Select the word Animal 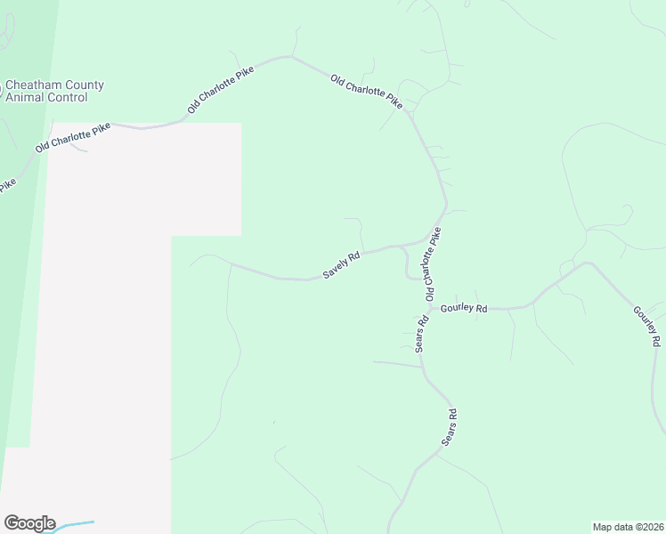25,98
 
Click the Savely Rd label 341,265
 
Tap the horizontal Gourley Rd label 465,308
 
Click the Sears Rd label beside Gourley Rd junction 423,332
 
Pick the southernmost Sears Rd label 451,427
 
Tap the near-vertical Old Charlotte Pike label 433,263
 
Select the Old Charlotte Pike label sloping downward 367,92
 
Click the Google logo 29,523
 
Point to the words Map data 613,526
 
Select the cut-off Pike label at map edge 7,185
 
